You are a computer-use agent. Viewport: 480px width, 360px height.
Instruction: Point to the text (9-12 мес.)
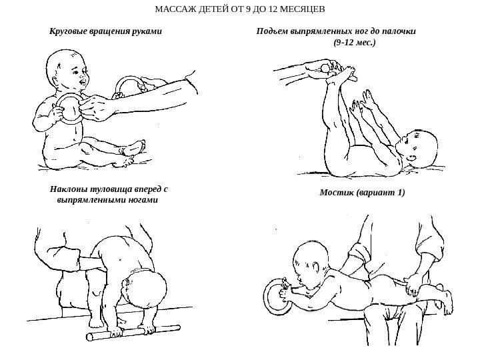coord(355,42)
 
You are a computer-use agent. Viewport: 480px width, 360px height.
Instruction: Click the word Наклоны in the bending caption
coord(69,189)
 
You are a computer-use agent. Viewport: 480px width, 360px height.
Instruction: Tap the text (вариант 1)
coord(381,193)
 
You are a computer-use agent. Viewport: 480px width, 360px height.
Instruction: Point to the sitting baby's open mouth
coord(83,83)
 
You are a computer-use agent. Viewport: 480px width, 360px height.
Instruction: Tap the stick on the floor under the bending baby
coord(133,332)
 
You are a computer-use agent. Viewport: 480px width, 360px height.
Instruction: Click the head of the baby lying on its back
coord(418,147)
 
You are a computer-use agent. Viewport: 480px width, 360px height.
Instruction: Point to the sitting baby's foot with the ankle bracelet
coord(132,149)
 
